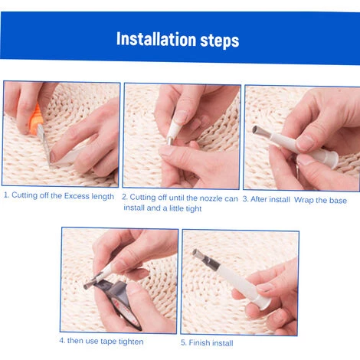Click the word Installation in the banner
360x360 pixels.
click(156, 39)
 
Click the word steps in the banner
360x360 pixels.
click(220, 41)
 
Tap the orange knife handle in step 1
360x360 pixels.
click(35, 118)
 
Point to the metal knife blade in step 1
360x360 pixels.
click(44, 144)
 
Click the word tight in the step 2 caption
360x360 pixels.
click(194, 209)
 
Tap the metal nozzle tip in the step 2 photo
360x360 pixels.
click(170, 140)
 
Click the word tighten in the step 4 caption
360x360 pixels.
click(131, 342)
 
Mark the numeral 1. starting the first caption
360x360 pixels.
click(7, 195)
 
